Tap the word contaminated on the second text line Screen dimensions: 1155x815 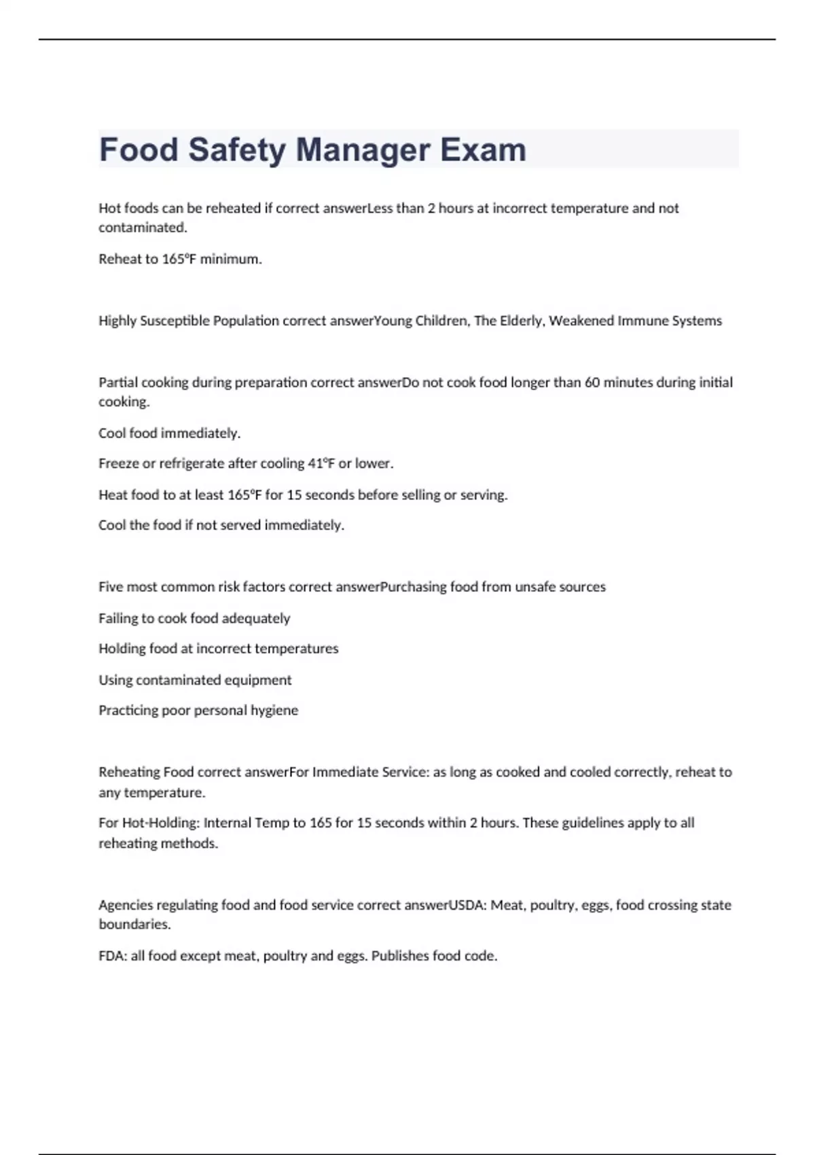[142, 228]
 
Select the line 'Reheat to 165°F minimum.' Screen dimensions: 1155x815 [180, 259]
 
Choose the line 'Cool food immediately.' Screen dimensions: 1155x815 [169, 433]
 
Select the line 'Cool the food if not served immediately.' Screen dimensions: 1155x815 [221, 525]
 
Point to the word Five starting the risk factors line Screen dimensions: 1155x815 [111, 587]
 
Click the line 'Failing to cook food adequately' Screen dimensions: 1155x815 [194, 618]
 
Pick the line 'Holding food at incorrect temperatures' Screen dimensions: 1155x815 [218, 649]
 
